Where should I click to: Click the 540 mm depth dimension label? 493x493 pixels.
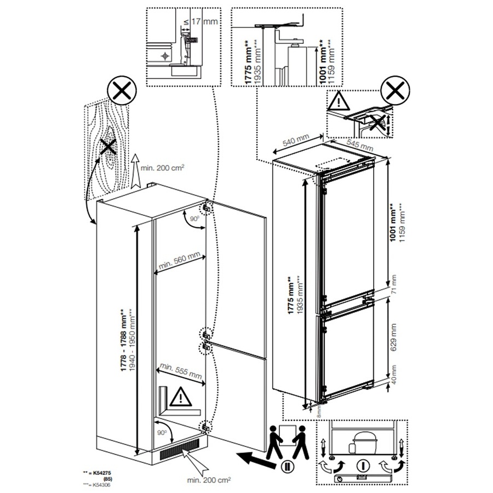click(x=296, y=141)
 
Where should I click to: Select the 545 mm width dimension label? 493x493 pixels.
click(x=359, y=145)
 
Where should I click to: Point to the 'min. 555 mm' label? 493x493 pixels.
click(x=180, y=373)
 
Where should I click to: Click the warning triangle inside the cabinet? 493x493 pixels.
click(x=180, y=397)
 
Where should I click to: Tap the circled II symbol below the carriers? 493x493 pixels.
click(x=285, y=467)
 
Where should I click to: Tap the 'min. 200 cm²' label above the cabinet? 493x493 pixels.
click(x=158, y=168)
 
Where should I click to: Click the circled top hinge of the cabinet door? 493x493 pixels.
click(x=207, y=209)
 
